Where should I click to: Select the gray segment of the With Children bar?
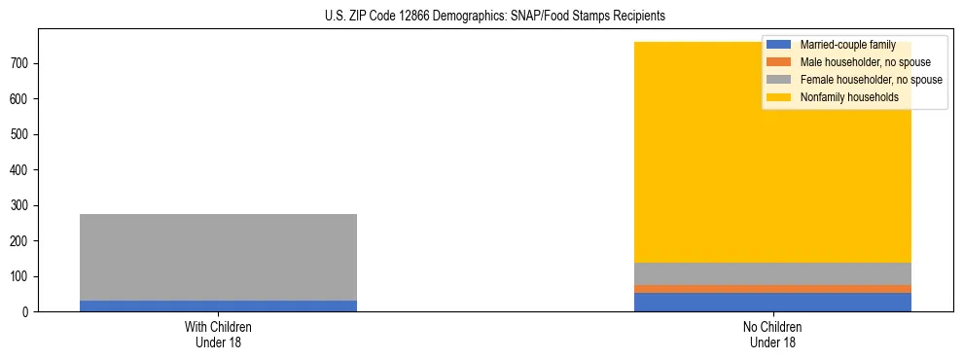218,257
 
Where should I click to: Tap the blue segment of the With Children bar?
218,306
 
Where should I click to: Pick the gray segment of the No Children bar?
772,273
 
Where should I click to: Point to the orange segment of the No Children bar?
772,289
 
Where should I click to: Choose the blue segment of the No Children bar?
772,302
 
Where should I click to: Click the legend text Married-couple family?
847,45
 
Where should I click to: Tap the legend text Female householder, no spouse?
871,80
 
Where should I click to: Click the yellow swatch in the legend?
779,97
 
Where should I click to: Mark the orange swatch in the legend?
779,62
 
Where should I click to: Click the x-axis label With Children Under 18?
218,335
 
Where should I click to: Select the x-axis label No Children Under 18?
772,335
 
